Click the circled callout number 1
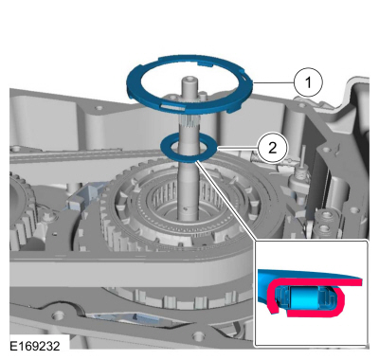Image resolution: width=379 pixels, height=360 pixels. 308,82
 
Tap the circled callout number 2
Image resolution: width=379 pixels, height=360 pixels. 273,148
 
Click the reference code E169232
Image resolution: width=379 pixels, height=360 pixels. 35,346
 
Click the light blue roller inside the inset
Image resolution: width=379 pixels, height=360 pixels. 304,299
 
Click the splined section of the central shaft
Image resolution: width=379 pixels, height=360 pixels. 189,121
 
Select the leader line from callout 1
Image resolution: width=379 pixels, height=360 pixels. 274,83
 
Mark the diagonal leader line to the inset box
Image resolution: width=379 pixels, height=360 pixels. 226,201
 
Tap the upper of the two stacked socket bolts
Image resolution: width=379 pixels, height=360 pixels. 323,217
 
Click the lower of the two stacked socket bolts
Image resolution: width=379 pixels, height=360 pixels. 323,228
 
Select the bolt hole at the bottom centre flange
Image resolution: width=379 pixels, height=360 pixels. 198,335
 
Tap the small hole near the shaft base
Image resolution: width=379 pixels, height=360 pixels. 187,207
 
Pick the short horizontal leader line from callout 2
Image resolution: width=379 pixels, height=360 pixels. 238,148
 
